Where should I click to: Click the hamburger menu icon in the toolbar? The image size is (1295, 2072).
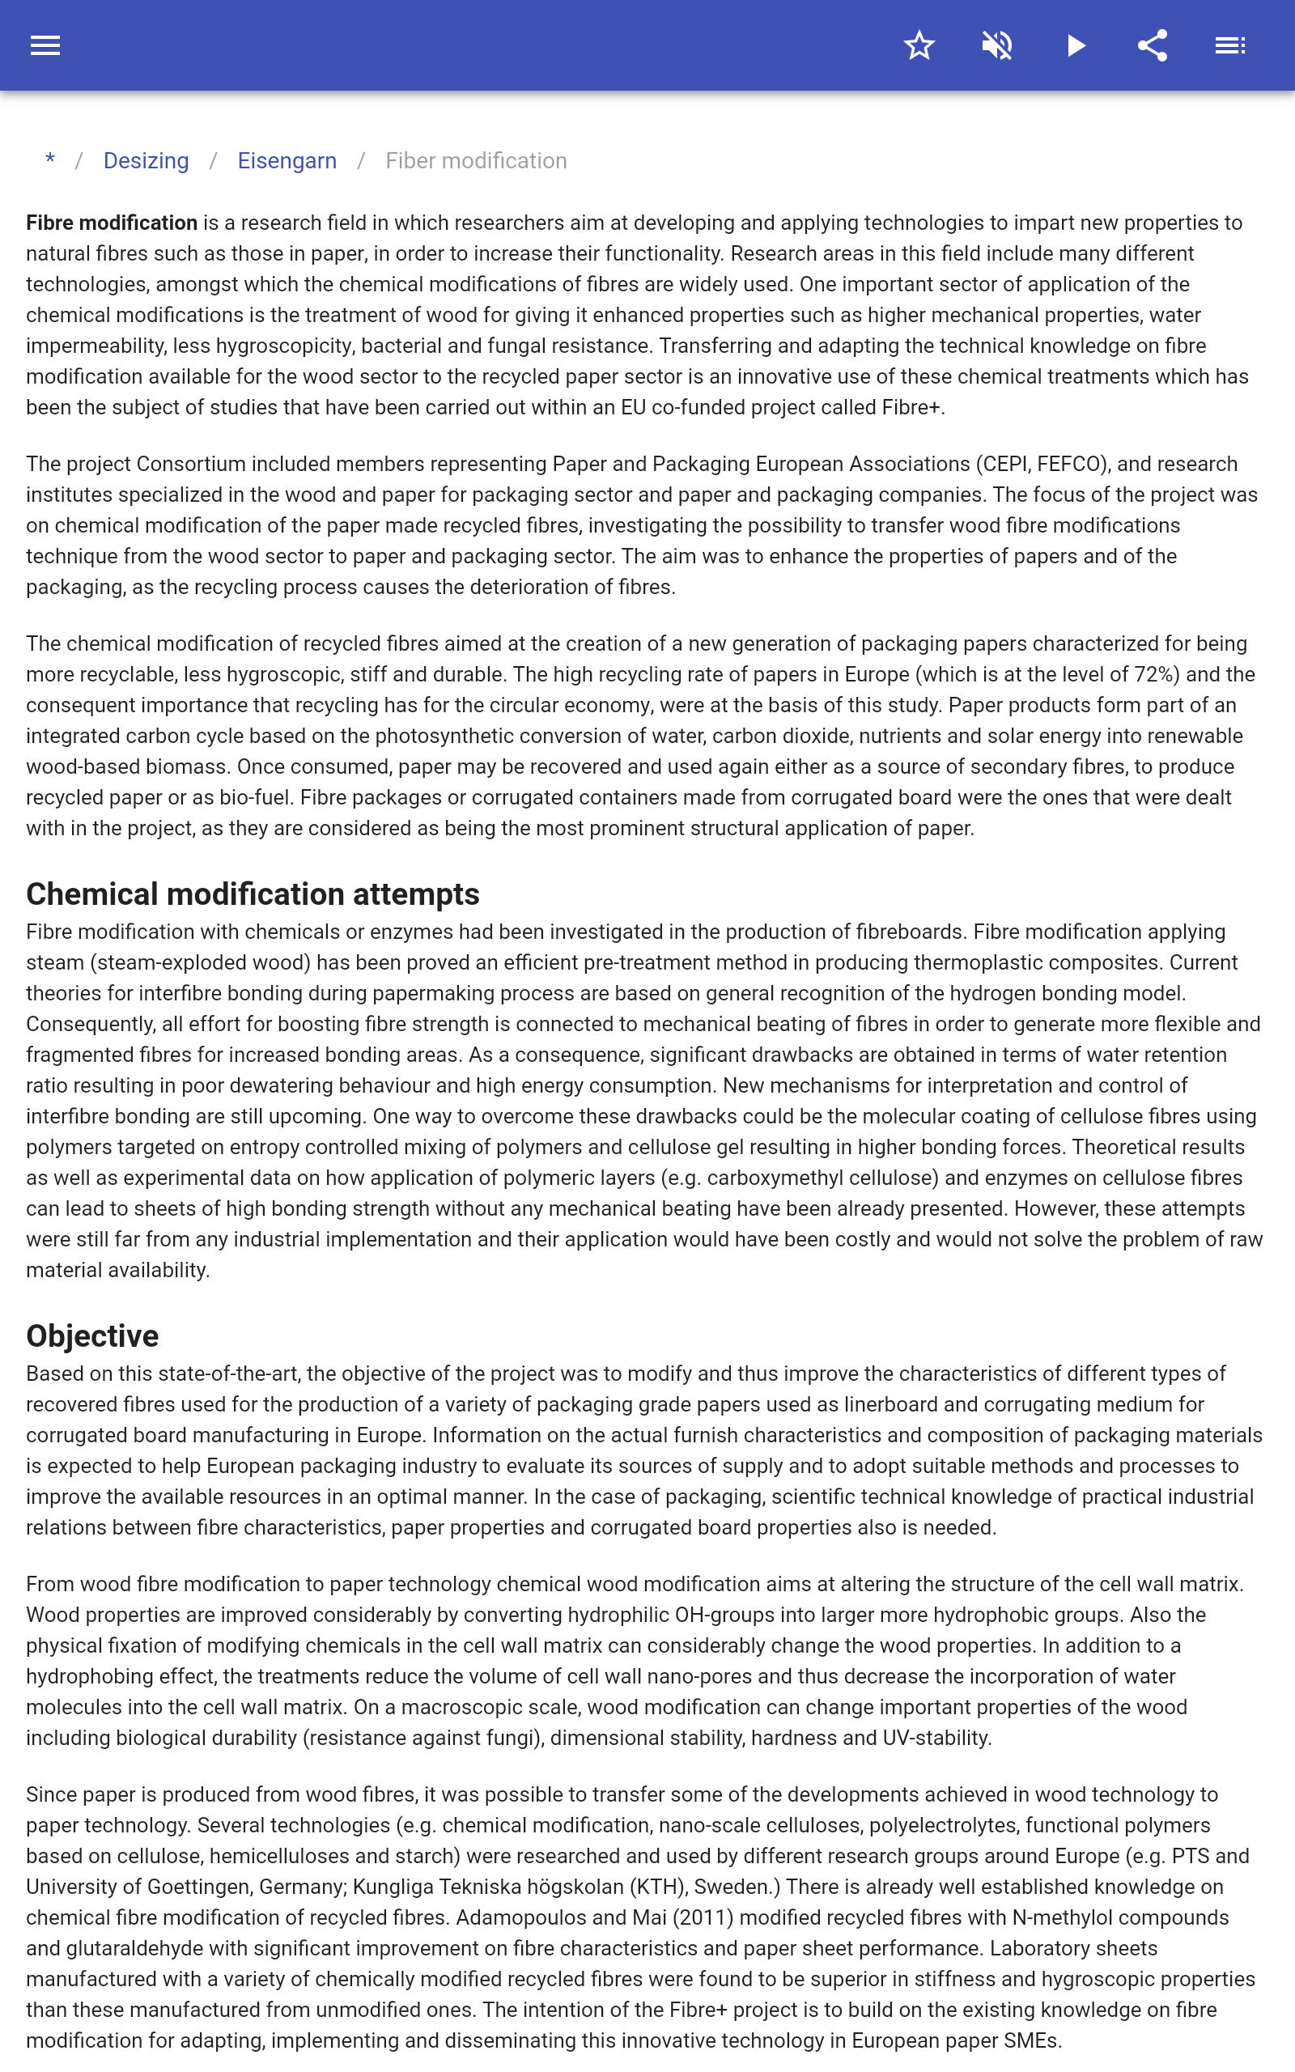point(45,45)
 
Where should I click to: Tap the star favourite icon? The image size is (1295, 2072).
point(919,45)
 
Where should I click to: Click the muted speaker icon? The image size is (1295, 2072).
point(997,45)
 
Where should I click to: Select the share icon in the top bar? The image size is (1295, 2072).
point(1153,45)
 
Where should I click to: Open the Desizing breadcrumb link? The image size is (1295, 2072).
point(146,161)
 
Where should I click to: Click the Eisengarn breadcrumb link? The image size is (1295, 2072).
point(287,161)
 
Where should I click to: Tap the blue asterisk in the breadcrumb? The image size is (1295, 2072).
point(50,160)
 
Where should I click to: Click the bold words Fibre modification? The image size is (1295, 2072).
point(112,223)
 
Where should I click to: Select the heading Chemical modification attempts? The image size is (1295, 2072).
point(253,894)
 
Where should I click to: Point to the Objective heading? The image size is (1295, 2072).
point(92,1335)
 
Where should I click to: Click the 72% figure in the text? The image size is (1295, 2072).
point(1153,675)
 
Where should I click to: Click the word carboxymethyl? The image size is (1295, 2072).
point(775,1178)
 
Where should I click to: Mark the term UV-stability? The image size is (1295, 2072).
point(937,1738)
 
